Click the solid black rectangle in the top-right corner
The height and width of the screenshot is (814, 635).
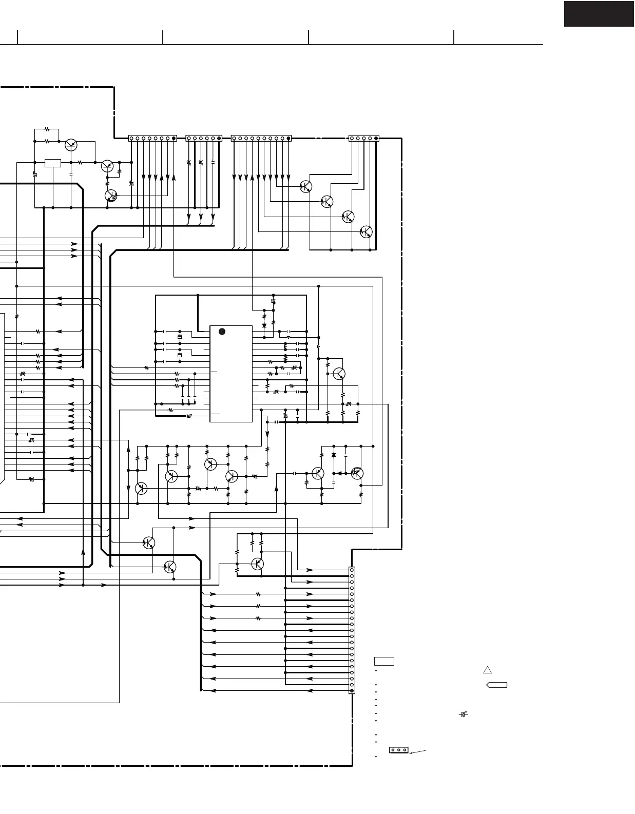tap(599, 14)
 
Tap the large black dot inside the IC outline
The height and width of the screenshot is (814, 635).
tap(222, 332)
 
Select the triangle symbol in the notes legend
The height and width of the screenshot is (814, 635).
tap(488, 669)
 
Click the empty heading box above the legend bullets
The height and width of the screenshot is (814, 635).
tap(384, 661)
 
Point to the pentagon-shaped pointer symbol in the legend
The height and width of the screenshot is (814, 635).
tap(496, 685)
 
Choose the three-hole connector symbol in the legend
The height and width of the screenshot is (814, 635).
tap(398, 750)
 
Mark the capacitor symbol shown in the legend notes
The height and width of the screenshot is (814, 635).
tap(464, 714)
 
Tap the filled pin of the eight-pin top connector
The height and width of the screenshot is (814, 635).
tap(174, 138)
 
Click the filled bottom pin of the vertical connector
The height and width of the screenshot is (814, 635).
tap(352, 691)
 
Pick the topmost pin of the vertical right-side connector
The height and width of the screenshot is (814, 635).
tap(352, 570)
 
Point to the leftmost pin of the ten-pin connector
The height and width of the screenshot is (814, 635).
tap(234, 138)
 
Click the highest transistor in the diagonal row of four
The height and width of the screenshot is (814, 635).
tap(305, 186)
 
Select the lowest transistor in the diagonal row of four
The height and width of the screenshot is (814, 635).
tap(366, 231)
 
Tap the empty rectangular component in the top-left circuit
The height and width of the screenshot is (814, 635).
tap(53, 163)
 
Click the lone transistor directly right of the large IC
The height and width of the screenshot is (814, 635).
tap(339, 374)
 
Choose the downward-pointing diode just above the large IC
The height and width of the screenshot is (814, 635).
tap(264, 325)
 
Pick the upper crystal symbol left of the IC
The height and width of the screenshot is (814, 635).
tap(180, 337)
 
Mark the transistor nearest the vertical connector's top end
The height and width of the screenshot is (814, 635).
tap(258, 564)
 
